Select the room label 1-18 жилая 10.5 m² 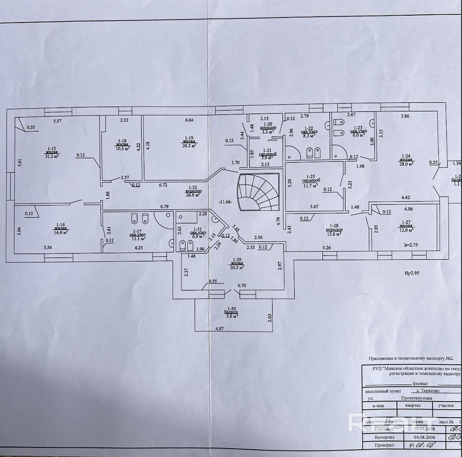point(122,144)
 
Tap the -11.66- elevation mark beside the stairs point(226,201)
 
